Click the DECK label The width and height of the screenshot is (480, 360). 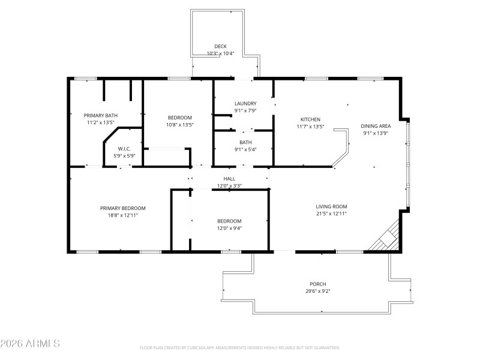(x=220, y=47)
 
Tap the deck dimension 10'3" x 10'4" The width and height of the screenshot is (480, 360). (x=220, y=54)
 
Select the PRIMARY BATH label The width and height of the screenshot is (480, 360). (x=100, y=115)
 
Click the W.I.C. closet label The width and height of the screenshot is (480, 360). (x=124, y=149)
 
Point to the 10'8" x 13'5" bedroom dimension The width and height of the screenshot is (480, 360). (x=179, y=125)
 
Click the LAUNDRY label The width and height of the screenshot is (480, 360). (x=245, y=103)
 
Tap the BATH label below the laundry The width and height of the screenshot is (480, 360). (x=245, y=142)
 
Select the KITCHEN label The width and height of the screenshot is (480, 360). (x=310, y=119)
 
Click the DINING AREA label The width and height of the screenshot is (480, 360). (x=376, y=126)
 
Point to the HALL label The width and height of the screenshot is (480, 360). (x=229, y=179)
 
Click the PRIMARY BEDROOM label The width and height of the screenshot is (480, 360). (x=122, y=208)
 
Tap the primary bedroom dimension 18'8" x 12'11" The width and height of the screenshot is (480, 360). (x=122, y=215)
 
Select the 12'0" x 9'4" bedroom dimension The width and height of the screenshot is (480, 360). (x=229, y=228)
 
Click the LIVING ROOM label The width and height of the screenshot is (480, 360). (x=331, y=206)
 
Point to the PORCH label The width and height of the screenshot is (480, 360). (x=317, y=284)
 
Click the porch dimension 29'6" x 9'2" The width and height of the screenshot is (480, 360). (x=317, y=291)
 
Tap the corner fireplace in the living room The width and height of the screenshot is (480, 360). (x=386, y=238)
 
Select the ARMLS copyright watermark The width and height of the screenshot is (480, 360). (x=30, y=344)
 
